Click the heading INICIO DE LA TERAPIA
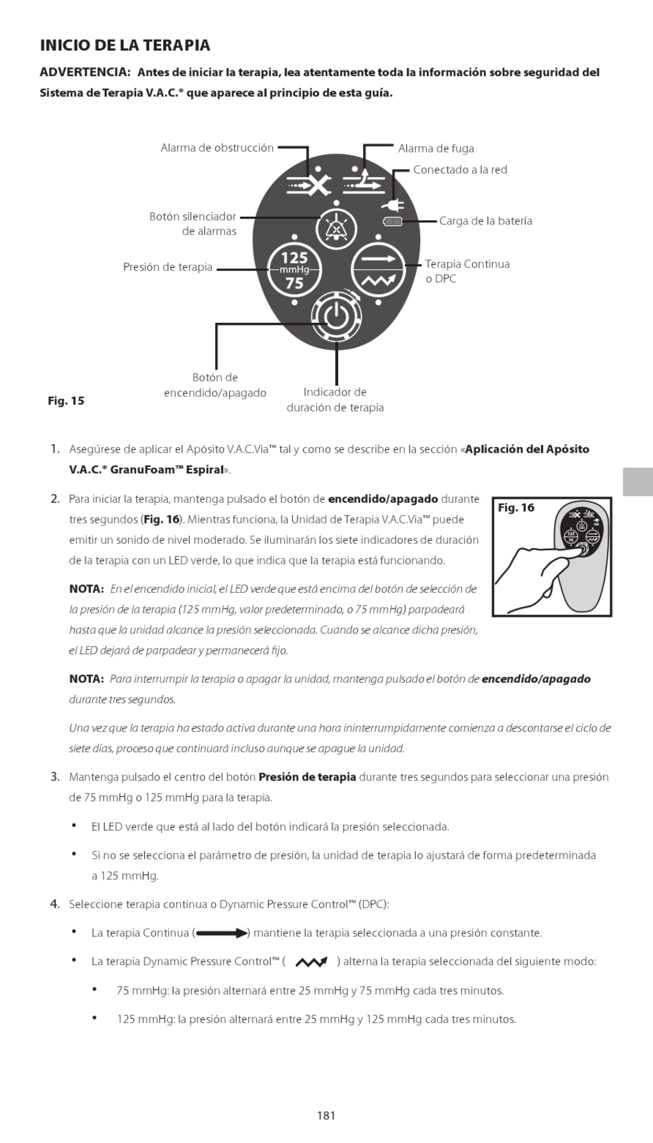[125, 45]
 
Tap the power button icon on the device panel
[335, 317]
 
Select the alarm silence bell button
[336, 228]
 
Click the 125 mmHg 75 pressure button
[294, 270]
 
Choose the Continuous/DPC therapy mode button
[379, 270]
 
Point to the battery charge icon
[393, 221]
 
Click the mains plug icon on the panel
[393, 204]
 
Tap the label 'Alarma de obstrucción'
[217, 148]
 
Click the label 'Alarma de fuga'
[436, 148]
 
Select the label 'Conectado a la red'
[460, 170]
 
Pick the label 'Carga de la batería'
[485, 220]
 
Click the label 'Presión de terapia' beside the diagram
[168, 267]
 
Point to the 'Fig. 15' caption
[66, 400]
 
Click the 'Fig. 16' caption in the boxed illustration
[516, 508]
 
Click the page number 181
[326, 1115]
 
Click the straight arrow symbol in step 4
[221, 933]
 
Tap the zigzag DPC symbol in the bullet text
[311, 962]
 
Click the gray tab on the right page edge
[638, 482]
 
